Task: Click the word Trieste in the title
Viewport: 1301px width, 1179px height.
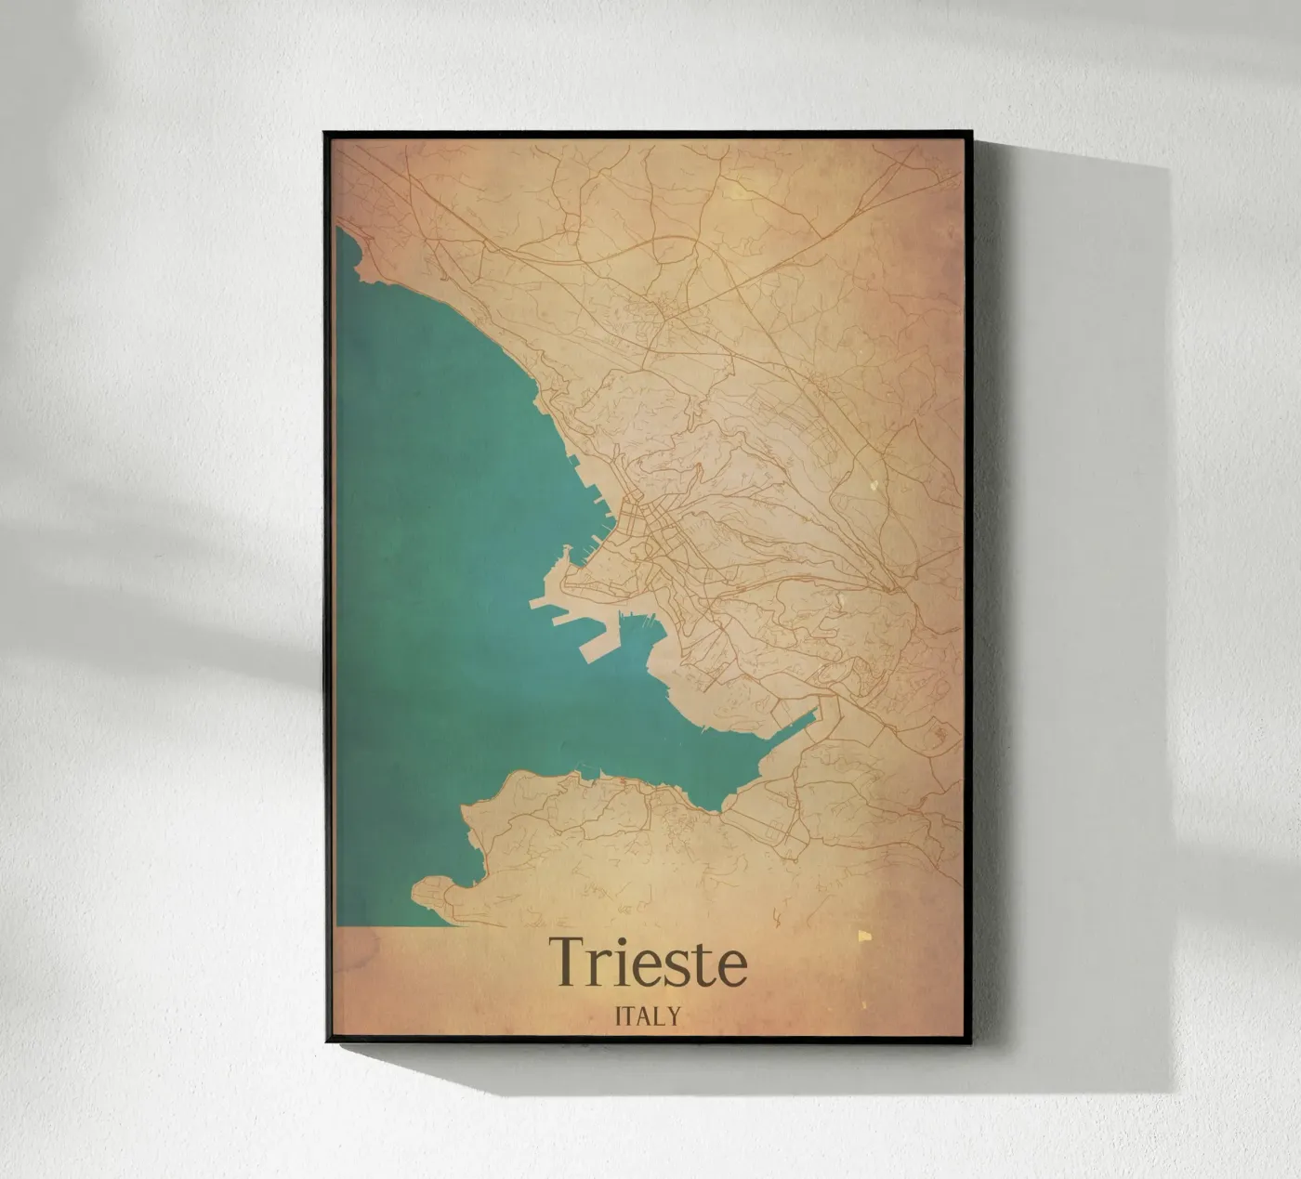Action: pos(648,963)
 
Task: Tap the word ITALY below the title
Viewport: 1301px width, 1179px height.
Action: pos(648,1015)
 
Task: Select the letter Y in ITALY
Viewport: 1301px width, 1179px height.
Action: pos(673,1015)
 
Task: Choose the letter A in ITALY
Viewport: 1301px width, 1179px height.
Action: pos(642,1015)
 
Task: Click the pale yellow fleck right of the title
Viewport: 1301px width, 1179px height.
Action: pos(864,937)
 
